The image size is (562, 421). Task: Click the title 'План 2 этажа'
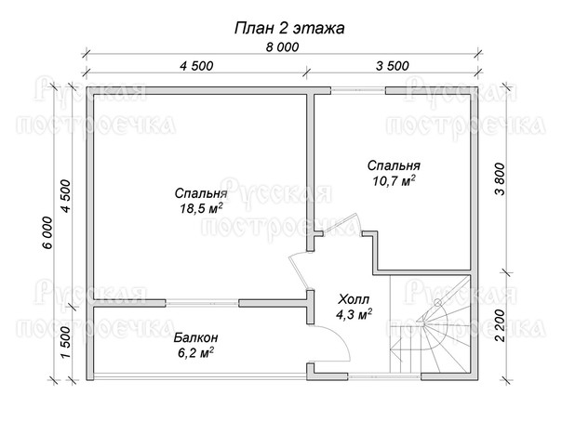(x=289, y=28)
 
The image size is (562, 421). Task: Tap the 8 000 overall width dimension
(x=282, y=46)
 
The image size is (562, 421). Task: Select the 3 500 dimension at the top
(x=392, y=66)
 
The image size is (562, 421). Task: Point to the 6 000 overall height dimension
(x=47, y=232)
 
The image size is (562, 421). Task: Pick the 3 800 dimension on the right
(x=500, y=179)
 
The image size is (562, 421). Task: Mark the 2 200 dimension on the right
(x=500, y=325)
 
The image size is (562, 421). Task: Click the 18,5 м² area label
(x=201, y=208)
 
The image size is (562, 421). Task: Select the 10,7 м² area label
(x=394, y=181)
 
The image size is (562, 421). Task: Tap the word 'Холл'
(x=354, y=299)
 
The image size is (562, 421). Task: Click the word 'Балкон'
(x=196, y=337)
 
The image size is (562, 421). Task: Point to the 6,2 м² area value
(x=195, y=353)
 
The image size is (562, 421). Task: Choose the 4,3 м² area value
(x=354, y=314)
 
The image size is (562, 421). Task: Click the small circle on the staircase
(x=437, y=303)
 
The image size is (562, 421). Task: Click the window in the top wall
(x=357, y=90)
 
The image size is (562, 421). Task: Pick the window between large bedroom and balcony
(x=202, y=303)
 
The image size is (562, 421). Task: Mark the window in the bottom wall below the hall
(x=384, y=376)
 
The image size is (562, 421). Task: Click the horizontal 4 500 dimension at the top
(x=196, y=66)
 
